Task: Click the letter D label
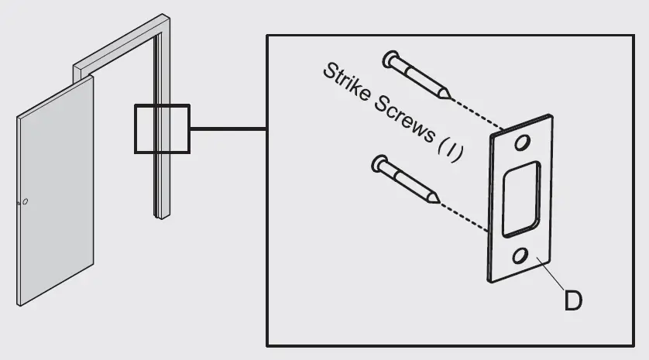573,300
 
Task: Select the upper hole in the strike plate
524,143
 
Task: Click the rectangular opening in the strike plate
520,200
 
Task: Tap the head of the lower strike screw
379,163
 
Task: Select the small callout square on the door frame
162,129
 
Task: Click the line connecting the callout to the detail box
228,129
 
